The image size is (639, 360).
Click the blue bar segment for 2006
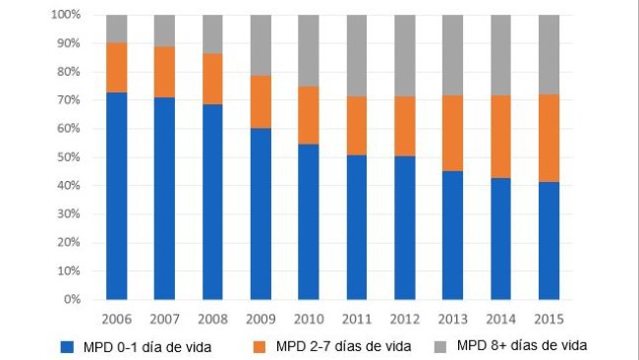tap(117, 196)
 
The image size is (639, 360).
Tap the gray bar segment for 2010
tap(309, 50)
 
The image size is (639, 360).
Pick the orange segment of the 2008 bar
tap(213, 79)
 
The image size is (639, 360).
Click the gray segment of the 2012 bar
tap(405, 55)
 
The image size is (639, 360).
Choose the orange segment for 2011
tap(357, 125)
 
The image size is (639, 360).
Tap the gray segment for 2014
tap(501, 55)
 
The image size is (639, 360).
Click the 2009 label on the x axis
tap(261, 317)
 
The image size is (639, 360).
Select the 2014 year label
tap(501, 317)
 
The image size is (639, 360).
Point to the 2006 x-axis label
tap(117, 317)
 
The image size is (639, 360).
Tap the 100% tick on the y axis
tap(65, 16)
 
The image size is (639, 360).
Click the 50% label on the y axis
tap(68, 157)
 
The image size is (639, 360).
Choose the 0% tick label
tap(71, 299)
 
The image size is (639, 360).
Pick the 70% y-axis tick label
tap(68, 100)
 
